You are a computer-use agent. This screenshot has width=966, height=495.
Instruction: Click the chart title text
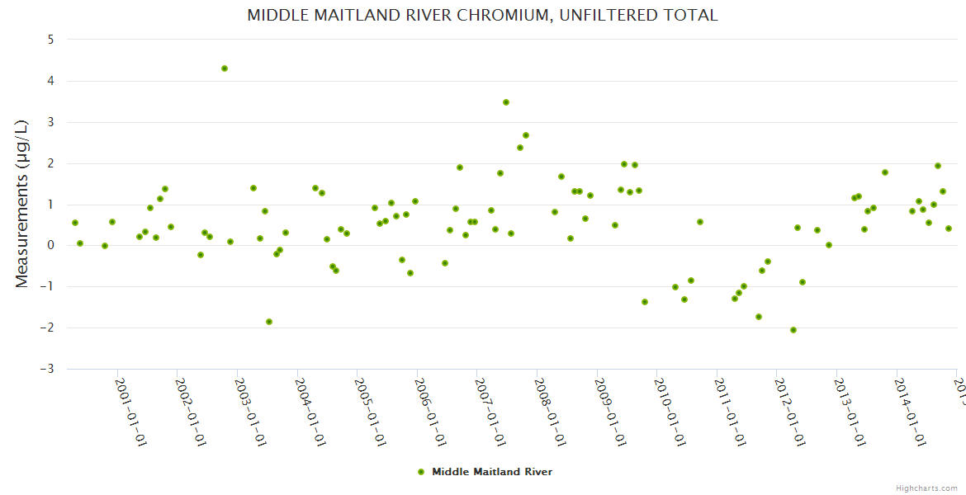[482, 16]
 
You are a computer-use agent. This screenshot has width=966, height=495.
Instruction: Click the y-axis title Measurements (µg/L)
[22, 203]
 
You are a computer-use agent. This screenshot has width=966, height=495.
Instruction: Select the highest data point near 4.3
[225, 68]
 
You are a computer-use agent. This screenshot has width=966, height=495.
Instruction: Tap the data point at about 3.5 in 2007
[506, 102]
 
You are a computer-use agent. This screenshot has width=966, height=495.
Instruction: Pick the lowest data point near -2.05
[793, 330]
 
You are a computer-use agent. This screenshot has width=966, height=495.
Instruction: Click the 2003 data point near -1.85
[269, 322]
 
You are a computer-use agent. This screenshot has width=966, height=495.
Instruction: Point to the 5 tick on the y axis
[50, 40]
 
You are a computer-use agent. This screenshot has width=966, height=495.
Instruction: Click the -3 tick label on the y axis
[47, 369]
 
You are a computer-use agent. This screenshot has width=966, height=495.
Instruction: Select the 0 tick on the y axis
[50, 245]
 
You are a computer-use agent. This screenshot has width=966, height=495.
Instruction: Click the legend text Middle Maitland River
[492, 472]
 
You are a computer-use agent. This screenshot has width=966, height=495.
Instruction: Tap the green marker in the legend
[421, 472]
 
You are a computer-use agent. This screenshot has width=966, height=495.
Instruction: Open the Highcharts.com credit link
[927, 488]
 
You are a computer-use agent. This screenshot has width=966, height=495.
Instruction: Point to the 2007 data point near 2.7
[526, 135]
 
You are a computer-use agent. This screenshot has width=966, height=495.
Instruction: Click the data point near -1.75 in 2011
[759, 317]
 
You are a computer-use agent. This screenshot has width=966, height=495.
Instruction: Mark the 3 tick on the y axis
[50, 122]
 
